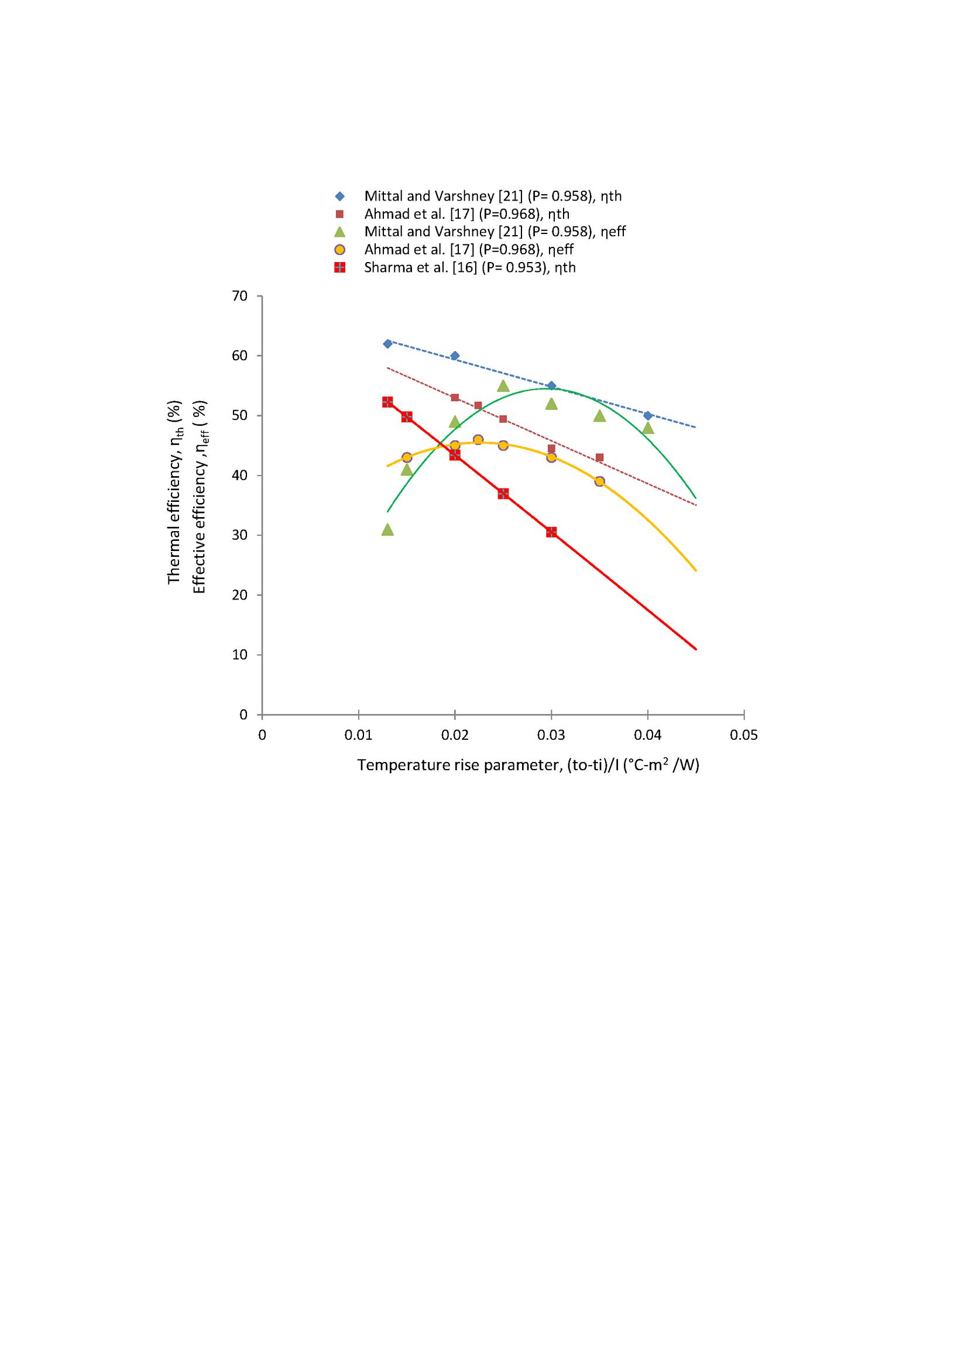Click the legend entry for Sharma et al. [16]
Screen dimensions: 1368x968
point(470,267)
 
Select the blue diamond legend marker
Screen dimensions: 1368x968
point(340,196)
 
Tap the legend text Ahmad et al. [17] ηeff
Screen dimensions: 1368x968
point(469,250)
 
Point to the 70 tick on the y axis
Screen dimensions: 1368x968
point(239,296)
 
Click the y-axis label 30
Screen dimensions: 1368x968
point(239,535)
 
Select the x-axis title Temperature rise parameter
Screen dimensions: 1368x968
point(527,766)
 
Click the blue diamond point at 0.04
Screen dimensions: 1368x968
point(648,415)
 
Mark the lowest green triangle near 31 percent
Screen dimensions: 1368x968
point(387,529)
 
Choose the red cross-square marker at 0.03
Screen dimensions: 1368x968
point(551,532)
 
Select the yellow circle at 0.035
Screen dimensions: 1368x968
point(600,481)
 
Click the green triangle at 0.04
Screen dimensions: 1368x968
point(648,428)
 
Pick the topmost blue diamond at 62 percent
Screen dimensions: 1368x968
point(387,344)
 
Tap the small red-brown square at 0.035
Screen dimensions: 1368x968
point(600,457)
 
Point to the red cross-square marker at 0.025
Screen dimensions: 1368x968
point(503,494)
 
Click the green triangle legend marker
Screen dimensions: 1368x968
point(340,232)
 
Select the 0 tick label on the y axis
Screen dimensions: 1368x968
point(243,714)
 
